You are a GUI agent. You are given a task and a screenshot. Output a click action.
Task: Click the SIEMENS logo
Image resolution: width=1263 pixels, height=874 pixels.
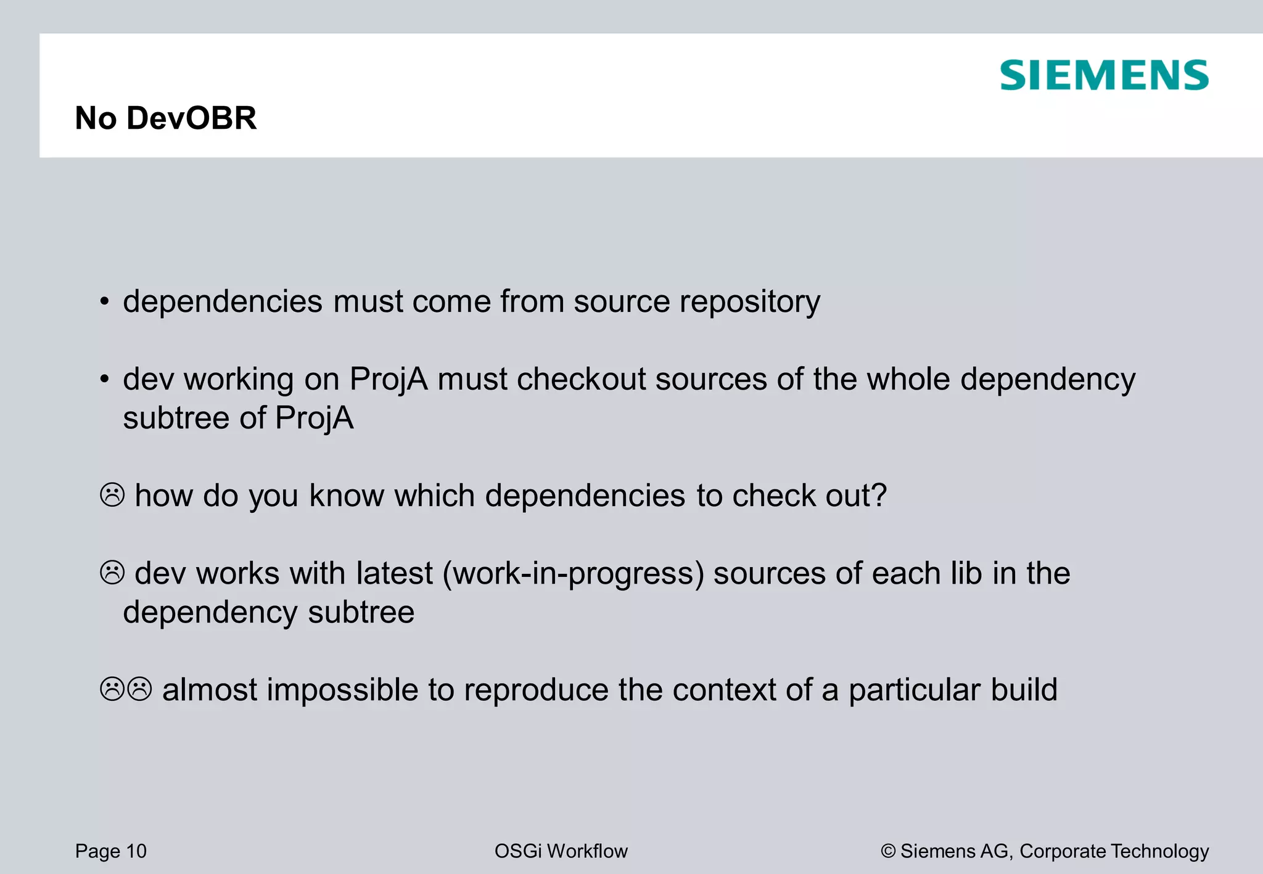coord(1104,75)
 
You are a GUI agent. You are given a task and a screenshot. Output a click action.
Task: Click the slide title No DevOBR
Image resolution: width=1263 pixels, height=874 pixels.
coord(165,118)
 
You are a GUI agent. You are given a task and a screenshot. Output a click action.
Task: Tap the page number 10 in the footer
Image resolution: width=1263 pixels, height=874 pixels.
coord(136,851)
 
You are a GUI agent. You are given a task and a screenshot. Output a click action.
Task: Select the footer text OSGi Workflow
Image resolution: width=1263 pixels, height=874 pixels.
coord(561,851)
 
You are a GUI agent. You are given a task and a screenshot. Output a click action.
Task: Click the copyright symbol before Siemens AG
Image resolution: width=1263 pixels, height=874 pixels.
coord(888,851)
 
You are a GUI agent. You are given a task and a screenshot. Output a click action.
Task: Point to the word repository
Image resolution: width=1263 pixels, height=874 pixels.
coord(749,303)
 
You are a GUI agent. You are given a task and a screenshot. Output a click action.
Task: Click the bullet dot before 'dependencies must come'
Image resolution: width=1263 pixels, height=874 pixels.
coord(105,303)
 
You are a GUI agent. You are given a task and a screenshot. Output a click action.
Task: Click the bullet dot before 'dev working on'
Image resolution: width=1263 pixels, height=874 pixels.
coord(105,380)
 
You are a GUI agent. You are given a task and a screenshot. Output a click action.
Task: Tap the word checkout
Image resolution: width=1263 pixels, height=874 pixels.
coord(581,380)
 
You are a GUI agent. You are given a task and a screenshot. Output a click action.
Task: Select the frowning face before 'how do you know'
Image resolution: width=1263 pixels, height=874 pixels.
coord(112,495)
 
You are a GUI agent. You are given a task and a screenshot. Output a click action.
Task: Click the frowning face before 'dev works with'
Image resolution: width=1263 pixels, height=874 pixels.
coord(112,573)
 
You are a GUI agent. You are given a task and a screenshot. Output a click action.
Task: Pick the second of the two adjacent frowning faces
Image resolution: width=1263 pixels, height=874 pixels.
coord(140,689)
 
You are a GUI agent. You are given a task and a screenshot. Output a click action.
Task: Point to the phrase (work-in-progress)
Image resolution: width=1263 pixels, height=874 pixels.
coord(573,574)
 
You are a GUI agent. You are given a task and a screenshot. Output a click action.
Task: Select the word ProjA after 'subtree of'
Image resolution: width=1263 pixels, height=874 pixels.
coord(314,419)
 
